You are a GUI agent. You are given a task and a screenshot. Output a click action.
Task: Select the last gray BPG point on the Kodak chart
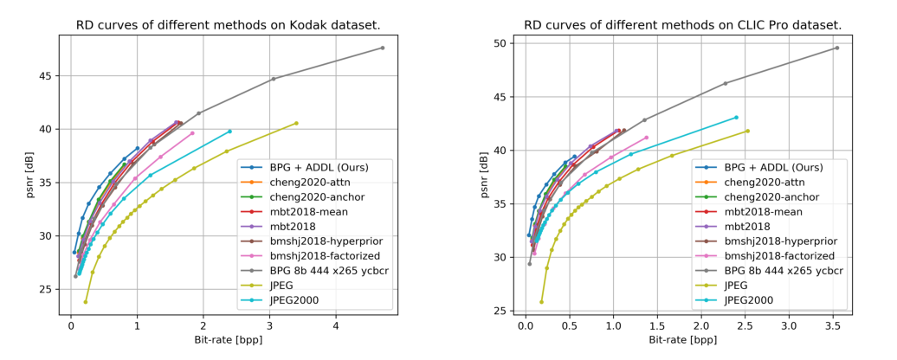382,48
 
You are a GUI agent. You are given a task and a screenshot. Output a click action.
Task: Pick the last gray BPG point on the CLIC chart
836,48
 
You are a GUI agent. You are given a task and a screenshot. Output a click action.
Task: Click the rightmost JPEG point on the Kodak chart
296,123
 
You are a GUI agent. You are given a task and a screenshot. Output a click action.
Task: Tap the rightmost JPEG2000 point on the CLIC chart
736,117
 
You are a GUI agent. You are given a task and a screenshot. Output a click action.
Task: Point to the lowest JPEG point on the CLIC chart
541,302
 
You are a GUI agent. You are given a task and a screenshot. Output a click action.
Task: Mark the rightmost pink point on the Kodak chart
192,133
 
